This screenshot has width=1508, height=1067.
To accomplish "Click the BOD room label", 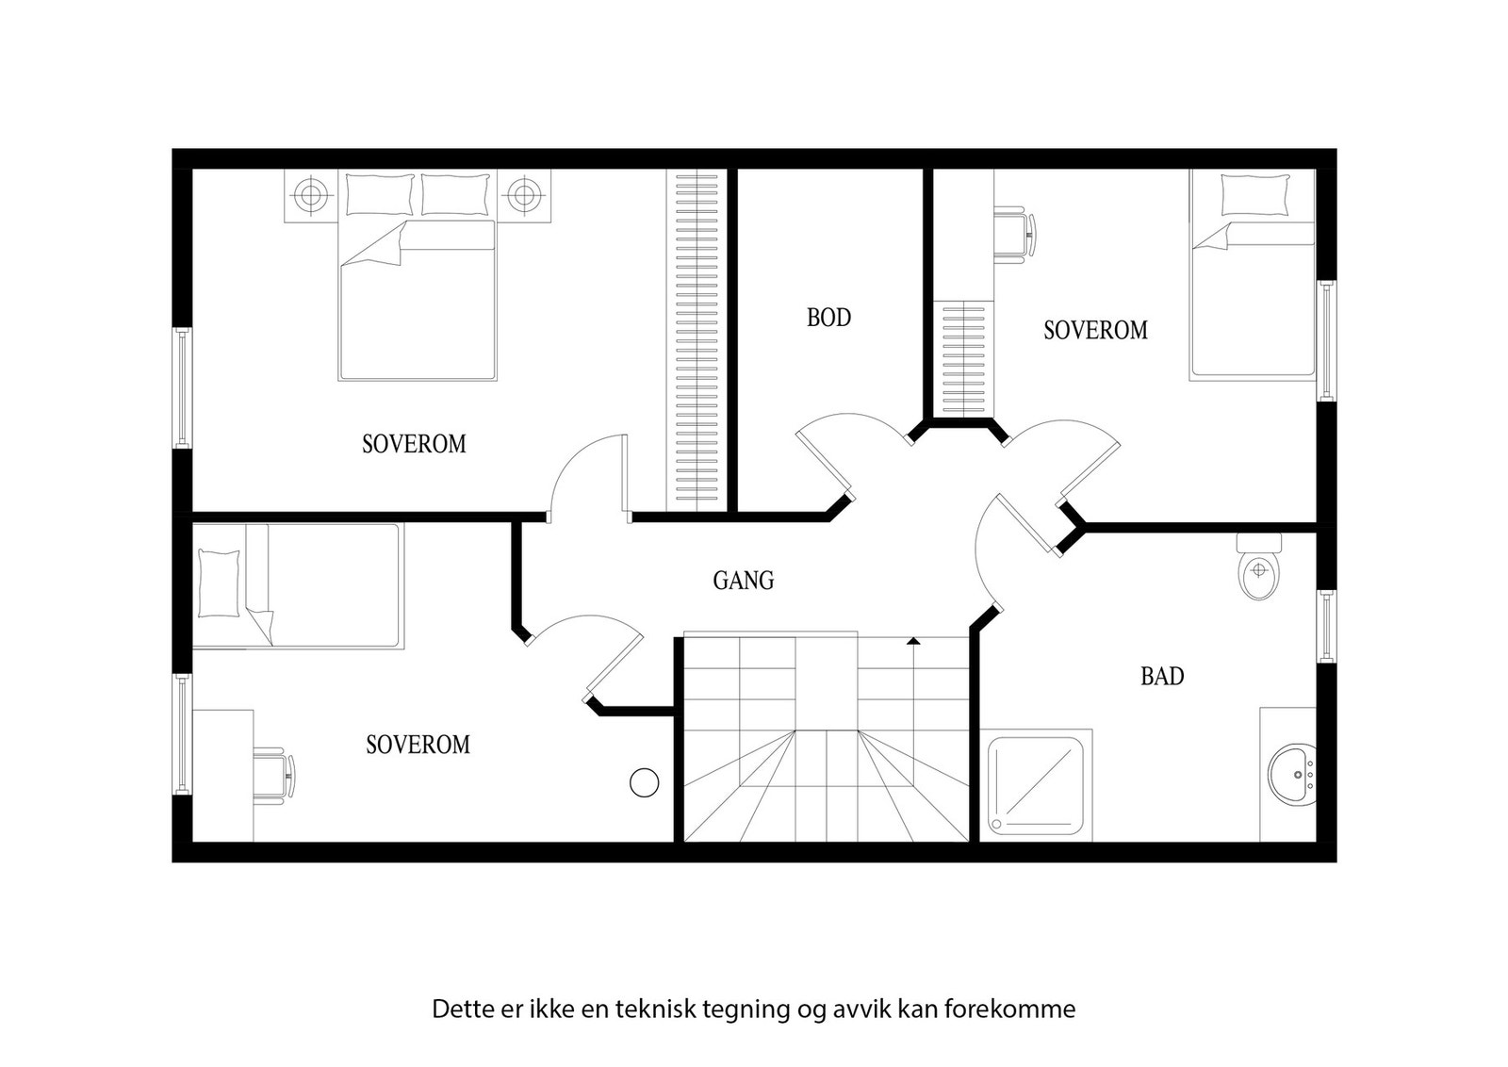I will coord(828,318).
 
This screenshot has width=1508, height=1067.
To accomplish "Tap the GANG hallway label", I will coord(743,581).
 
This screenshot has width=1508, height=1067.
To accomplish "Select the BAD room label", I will coord(1161,676).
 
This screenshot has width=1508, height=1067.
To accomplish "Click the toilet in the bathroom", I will coord(1258,571).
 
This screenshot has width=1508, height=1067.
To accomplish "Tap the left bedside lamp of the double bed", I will coord(309,196).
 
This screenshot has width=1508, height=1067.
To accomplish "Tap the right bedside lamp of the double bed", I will coord(523,196).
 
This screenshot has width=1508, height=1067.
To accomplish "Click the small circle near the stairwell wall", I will coord(644,782).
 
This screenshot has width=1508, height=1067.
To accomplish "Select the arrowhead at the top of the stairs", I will coord(912,641).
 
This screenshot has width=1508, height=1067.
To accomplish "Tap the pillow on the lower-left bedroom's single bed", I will coord(219,583).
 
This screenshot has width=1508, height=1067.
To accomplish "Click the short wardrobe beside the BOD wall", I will coord(962,358).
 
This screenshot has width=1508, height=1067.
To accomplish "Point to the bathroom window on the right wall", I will coord(1326,626).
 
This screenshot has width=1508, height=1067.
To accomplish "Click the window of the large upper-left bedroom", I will coord(181,387).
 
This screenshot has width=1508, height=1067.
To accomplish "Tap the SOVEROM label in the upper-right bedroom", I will coord(1095,331).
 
